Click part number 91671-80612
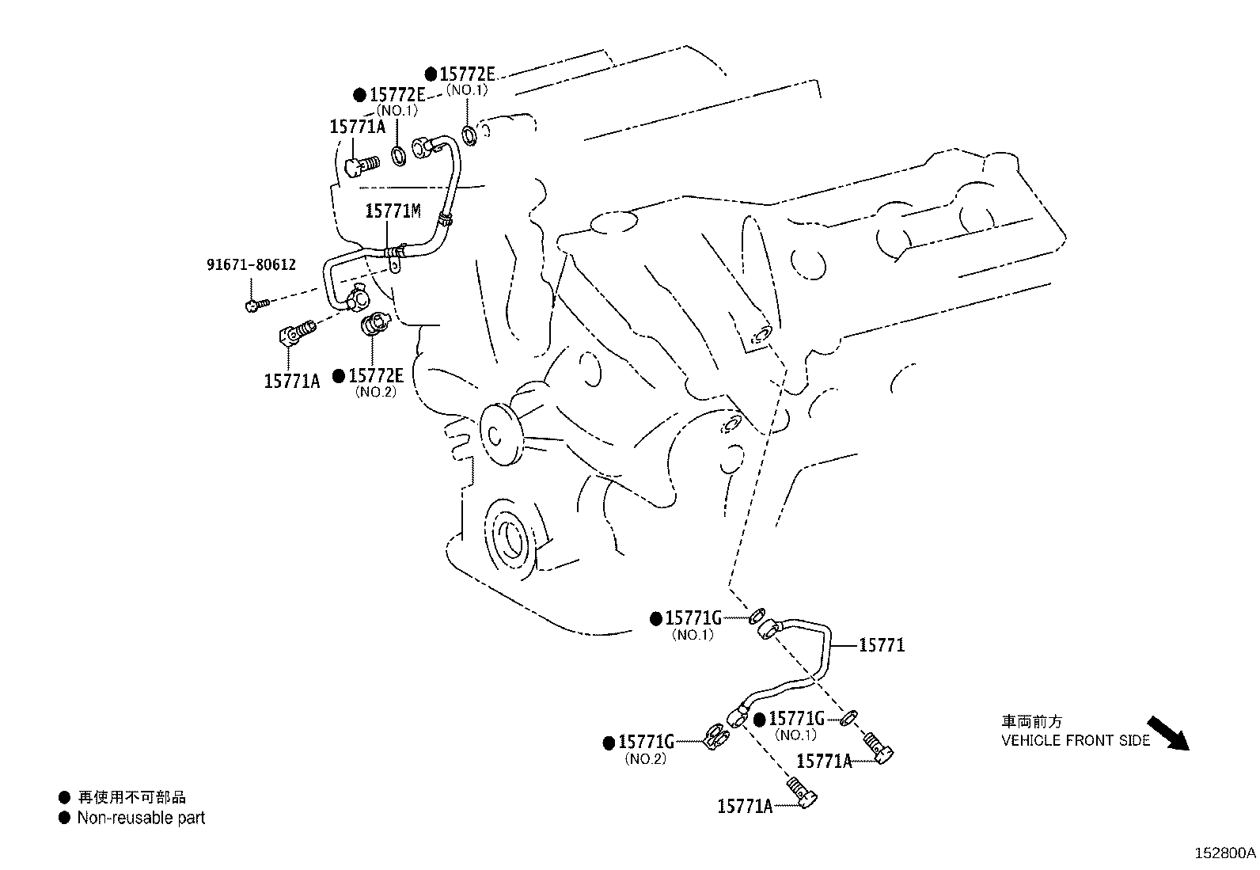[251, 264]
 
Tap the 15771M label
[393, 211]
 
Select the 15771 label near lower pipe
[881, 645]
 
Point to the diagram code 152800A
[1225, 853]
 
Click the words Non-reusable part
[141, 818]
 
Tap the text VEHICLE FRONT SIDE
[1076, 741]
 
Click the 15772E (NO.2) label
[376, 376]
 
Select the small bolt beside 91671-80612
[256, 303]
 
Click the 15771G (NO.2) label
[646, 742]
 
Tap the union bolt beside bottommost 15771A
[802, 793]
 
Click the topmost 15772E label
[467, 74]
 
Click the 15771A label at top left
[357, 127]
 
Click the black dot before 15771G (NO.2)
[609, 743]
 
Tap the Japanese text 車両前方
[1031, 721]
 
